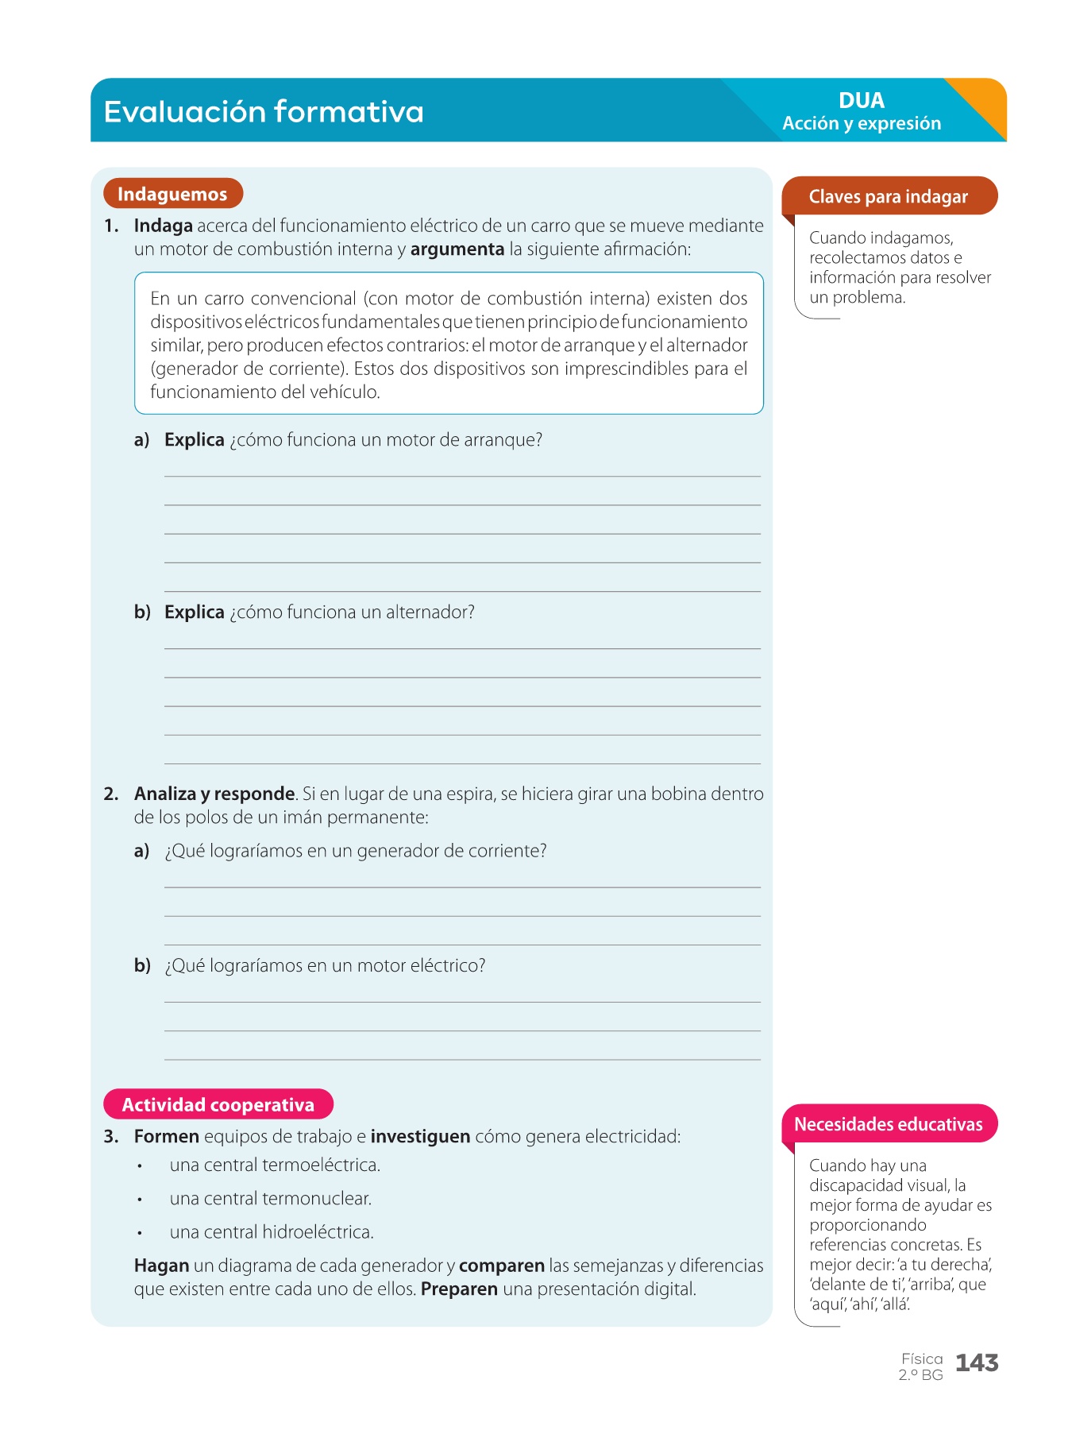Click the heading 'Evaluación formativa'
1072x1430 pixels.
(264, 111)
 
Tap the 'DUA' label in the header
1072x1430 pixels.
(862, 101)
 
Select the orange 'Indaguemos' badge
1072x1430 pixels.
(172, 194)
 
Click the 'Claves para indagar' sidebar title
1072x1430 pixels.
(888, 197)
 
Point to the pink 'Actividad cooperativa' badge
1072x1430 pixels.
(218, 1105)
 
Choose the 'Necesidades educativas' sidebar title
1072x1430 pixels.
(888, 1124)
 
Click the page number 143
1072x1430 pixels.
(977, 1363)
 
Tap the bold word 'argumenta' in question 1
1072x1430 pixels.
(457, 249)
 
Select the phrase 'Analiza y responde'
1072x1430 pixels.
(214, 794)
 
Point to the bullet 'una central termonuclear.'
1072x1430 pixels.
(271, 1199)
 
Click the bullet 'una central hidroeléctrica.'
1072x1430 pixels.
(272, 1232)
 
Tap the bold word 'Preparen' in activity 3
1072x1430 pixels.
(459, 1289)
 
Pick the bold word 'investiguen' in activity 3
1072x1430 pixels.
(420, 1137)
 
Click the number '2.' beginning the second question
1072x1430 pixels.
(111, 794)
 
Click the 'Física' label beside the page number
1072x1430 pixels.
(922, 1359)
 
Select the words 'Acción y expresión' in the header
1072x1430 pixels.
(862, 124)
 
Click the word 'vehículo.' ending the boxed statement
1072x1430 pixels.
(345, 392)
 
